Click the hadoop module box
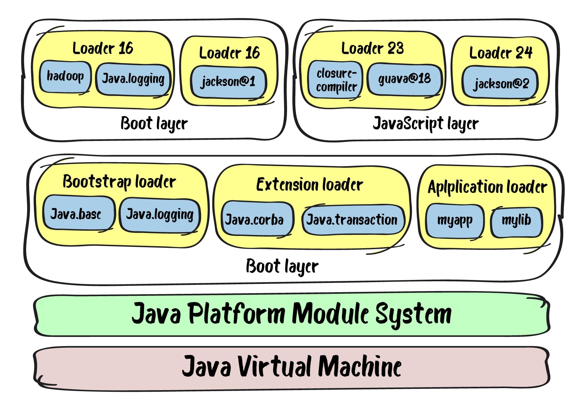coord(65,76)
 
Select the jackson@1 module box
coord(228,81)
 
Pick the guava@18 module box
coord(404,79)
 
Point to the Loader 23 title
coord(372,48)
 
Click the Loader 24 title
coord(501,53)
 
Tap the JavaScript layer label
coord(425,124)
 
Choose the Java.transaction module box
coord(352,219)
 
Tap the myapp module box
coord(455,220)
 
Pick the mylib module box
coord(516,220)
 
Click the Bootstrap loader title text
coord(119,182)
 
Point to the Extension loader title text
coord(310,184)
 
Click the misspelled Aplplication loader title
coord(487,187)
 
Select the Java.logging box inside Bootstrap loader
coord(160,214)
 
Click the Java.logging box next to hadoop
coord(133,79)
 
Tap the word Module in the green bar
coord(330,313)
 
